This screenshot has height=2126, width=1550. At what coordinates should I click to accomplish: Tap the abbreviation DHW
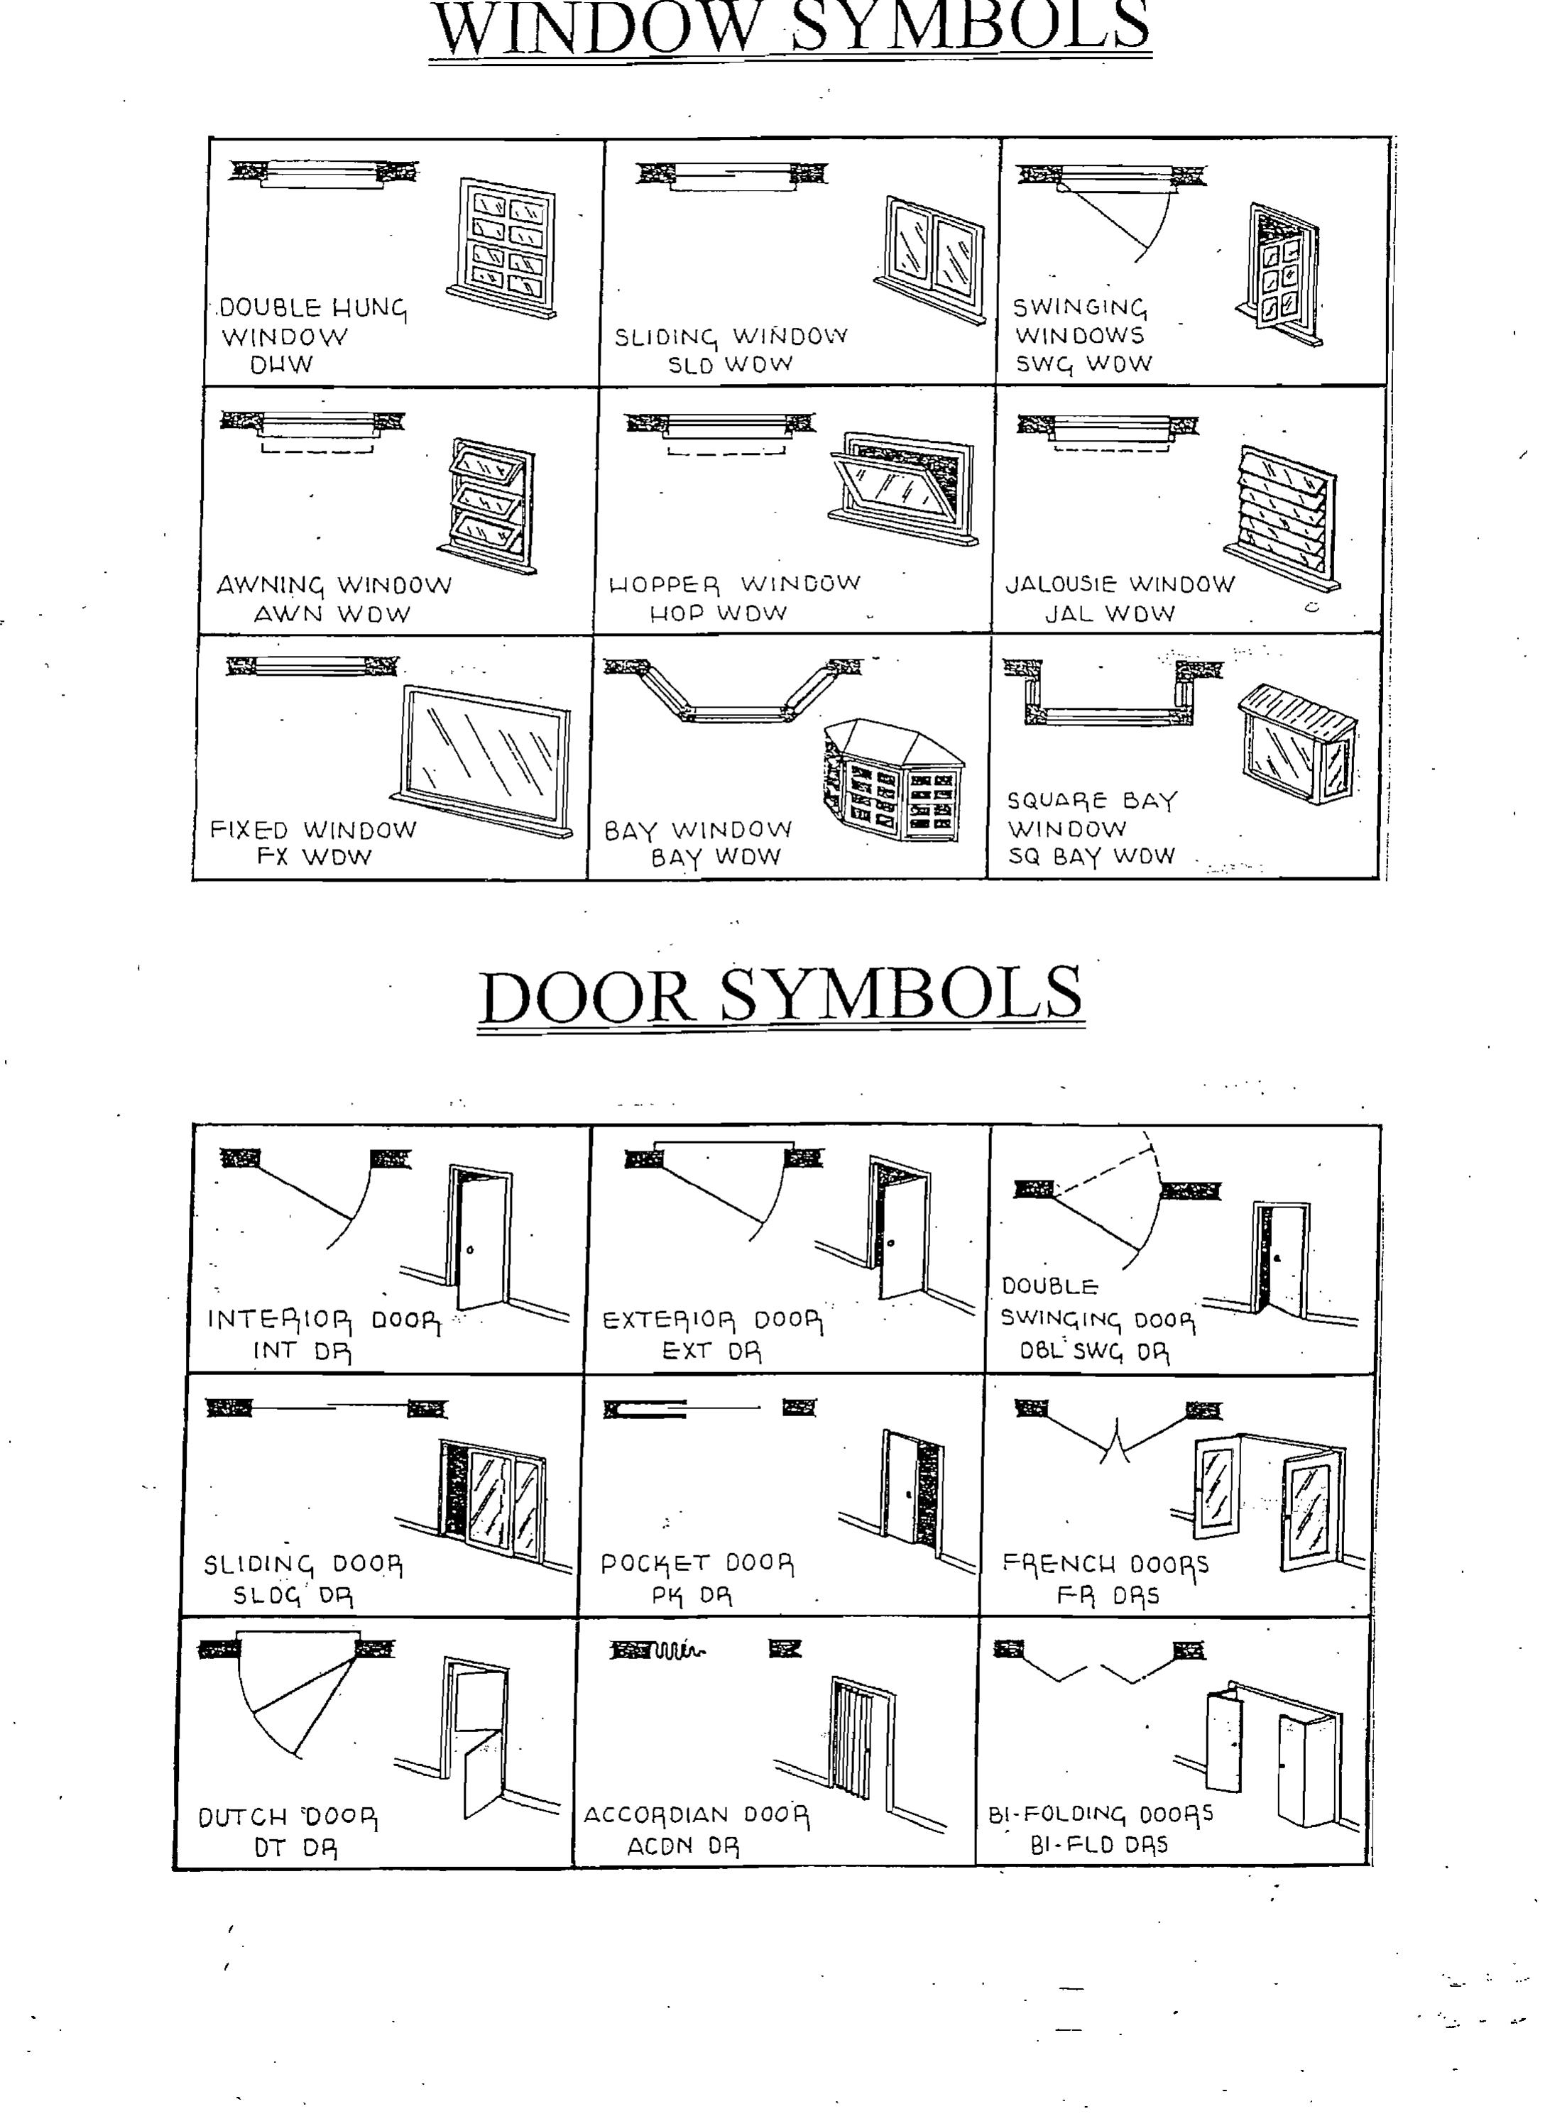tap(281, 365)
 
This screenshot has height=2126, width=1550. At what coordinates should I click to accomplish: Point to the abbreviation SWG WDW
tap(1084, 365)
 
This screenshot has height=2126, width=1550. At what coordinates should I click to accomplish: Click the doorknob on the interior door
tap(470, 1250)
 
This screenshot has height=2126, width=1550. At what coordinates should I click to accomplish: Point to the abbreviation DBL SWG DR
tap(1094, 1352)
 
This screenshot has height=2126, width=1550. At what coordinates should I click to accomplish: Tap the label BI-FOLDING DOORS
tap(1100, 1814)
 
